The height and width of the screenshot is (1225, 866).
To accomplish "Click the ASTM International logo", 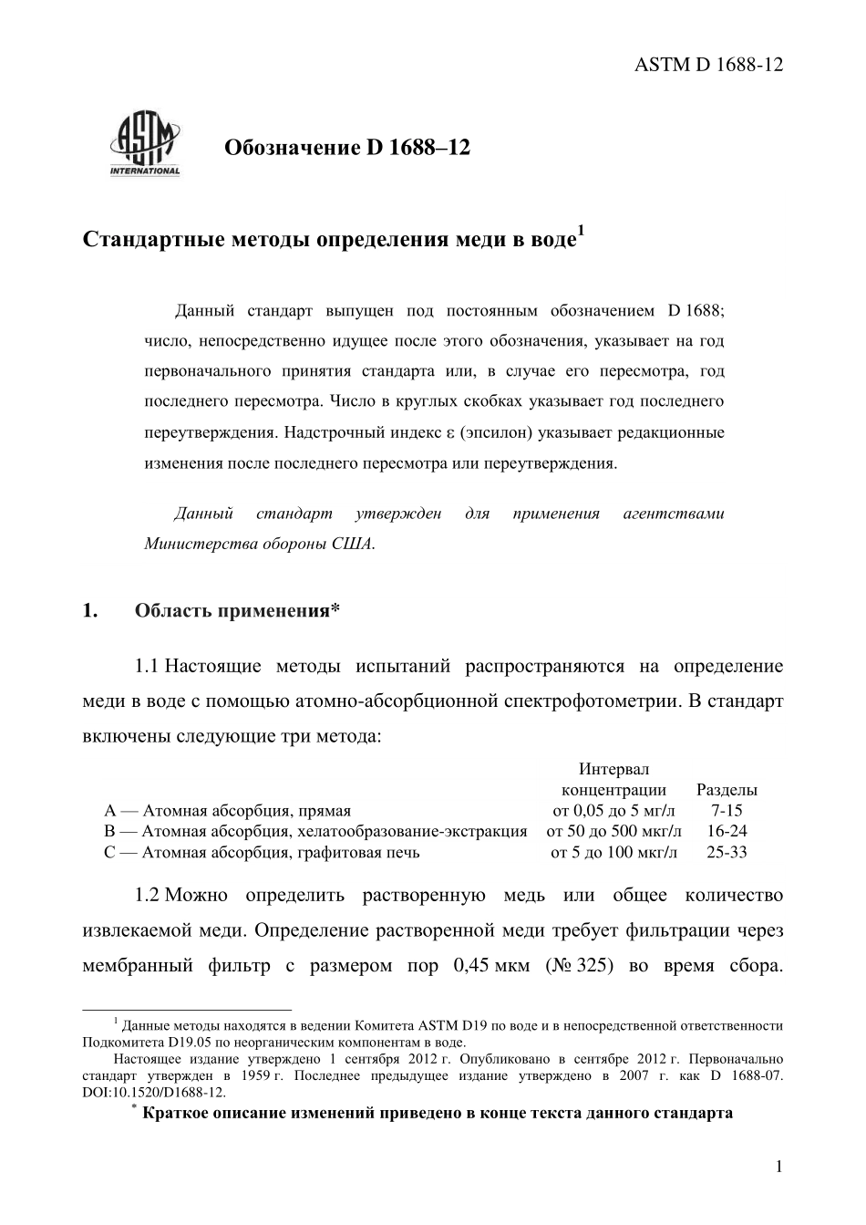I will [x=145, y=143].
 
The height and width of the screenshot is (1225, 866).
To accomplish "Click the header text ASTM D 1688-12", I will [x=708, y=64].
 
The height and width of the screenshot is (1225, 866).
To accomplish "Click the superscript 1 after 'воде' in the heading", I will [x=581, y=230].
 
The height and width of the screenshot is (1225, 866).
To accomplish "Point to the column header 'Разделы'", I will [x=727, y=790].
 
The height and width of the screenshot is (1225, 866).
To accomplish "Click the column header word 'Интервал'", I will [x=613, y=770].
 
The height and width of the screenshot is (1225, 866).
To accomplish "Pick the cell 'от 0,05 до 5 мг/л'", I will [x=613, y=810].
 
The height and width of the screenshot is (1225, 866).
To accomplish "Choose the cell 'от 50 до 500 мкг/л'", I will [x=613, y=831].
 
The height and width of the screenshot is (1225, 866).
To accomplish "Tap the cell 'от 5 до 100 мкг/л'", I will [x=613, y=853].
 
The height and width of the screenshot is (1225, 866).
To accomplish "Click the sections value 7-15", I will [x=727, y=810].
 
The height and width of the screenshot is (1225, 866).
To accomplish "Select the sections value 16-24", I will [x=727, y=831].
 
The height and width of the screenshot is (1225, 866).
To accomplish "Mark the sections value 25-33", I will [x=727, y=853].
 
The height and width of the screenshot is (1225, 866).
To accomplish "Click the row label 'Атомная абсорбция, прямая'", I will [x=245, y=810].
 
